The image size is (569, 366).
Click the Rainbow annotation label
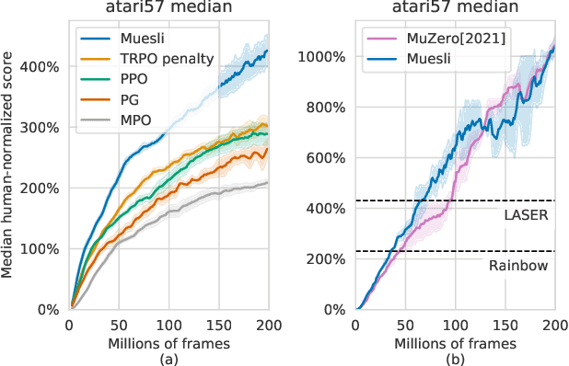pos(519,265)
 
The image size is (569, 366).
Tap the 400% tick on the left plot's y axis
pos(44,67)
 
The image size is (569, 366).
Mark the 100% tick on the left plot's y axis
pos(44,249)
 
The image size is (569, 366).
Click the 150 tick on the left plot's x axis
pos(219,326)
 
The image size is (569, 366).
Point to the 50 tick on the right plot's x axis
pos(405,326)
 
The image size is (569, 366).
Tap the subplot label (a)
pos(169,357)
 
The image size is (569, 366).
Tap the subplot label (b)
pos(455,357)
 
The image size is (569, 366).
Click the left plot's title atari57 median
pos(169,8)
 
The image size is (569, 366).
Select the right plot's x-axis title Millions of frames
pos(455,342)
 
